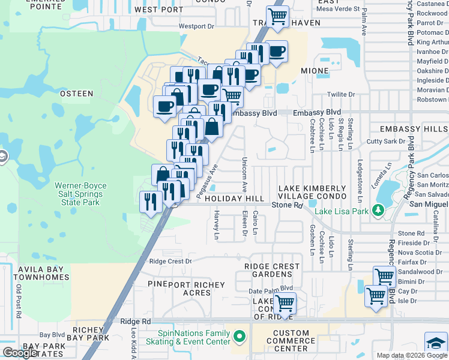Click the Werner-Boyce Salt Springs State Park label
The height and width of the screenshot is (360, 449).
point(79,194)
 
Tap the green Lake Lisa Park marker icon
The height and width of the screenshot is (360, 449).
point(378,210)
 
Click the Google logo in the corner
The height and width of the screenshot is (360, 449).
point(20,353)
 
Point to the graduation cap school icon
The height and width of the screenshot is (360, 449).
point(436,342)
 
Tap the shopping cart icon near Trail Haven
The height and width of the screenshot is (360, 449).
point(277,16)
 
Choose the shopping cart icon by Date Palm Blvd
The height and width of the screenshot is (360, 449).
point(285,303)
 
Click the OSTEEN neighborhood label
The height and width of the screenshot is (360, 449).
point(76,94)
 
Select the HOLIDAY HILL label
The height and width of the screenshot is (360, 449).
point(234,199)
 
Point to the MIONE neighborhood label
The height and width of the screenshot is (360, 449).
point(315,71)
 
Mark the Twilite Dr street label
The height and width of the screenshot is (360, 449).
point(341,94)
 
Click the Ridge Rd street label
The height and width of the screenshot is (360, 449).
point(138,322)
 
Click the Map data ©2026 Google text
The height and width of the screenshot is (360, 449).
point(411,355)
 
